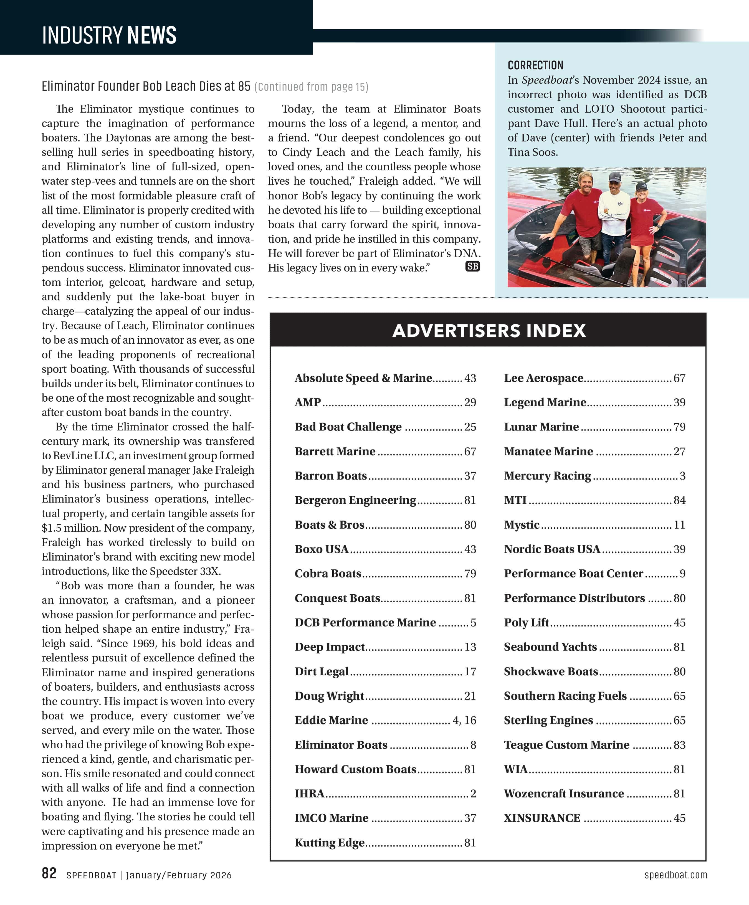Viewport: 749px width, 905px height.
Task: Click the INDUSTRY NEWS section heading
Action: [109, 35]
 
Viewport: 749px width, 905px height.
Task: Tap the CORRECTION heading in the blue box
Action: [535, 65]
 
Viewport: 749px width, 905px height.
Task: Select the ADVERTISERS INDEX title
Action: [489, 331]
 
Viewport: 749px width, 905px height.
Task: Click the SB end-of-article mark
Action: [472, 266]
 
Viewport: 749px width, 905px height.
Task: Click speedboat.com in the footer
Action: [675, 875]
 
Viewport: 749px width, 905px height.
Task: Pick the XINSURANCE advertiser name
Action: [542, 818]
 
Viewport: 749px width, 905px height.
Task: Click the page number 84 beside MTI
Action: [679, 500]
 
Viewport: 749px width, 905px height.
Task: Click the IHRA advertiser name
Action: [309, 794]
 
